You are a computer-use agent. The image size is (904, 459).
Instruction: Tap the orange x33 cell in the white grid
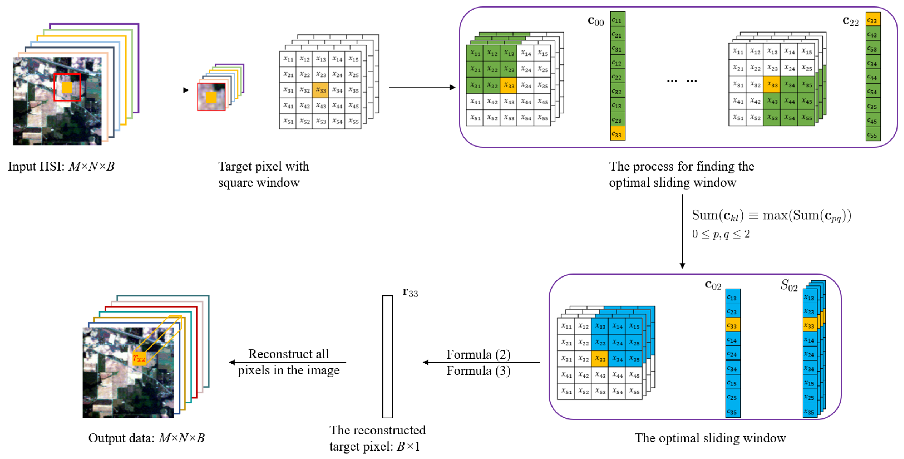click(320, 90)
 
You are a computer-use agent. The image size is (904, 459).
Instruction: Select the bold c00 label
click(596, 21)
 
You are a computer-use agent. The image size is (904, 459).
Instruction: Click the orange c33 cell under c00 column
click(617, 134)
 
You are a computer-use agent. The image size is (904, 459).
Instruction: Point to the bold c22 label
click(850, 21)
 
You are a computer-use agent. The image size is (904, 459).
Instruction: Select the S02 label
click(789, 285)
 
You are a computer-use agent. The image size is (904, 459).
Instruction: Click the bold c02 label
click(713, 285)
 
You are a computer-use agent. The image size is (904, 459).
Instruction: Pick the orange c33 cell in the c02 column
click(732, 325)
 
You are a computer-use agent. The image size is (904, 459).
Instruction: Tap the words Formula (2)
click(478, 354)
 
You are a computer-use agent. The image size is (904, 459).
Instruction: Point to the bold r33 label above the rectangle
click(410, 292)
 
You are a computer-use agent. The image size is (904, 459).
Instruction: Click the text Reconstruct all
click(289, 354)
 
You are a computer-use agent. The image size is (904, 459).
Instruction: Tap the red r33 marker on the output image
click(139, 358)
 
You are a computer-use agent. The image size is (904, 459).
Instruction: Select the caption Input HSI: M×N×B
click(61, 166)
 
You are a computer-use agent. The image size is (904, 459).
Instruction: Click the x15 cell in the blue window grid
click(634, 326)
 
